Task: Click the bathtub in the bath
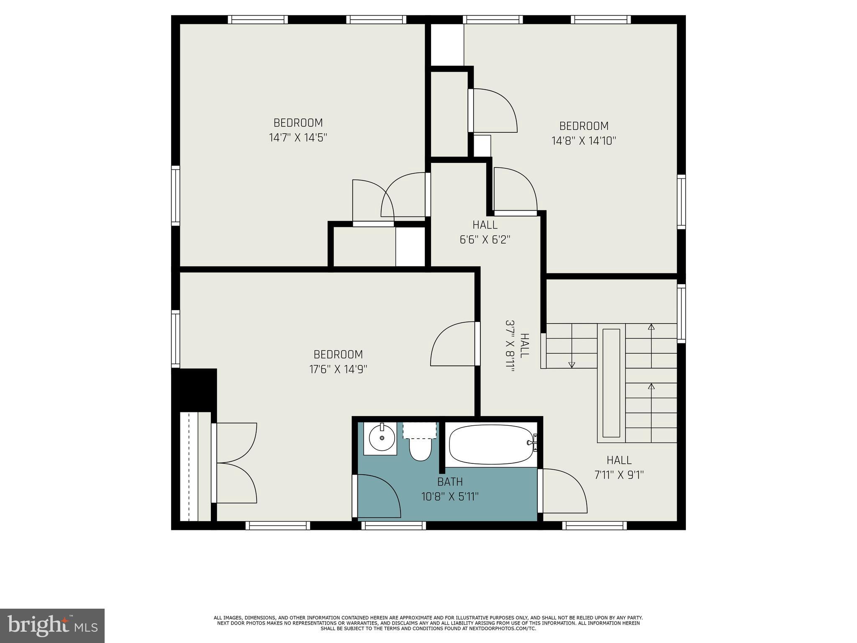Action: coord(490,445)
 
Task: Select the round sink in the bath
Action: coord(382,438)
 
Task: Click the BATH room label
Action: coord(450,482)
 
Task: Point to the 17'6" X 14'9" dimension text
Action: coord(338,369)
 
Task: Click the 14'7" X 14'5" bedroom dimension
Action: coord(298,138)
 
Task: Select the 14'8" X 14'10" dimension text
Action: coord(584,141)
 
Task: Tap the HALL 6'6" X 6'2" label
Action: coord(485,232)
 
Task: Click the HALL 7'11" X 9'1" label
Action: coord(619,468)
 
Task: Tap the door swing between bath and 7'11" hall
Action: coord(562,491)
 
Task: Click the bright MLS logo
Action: coord(52,625)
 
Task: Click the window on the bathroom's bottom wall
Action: coord(393,525)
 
